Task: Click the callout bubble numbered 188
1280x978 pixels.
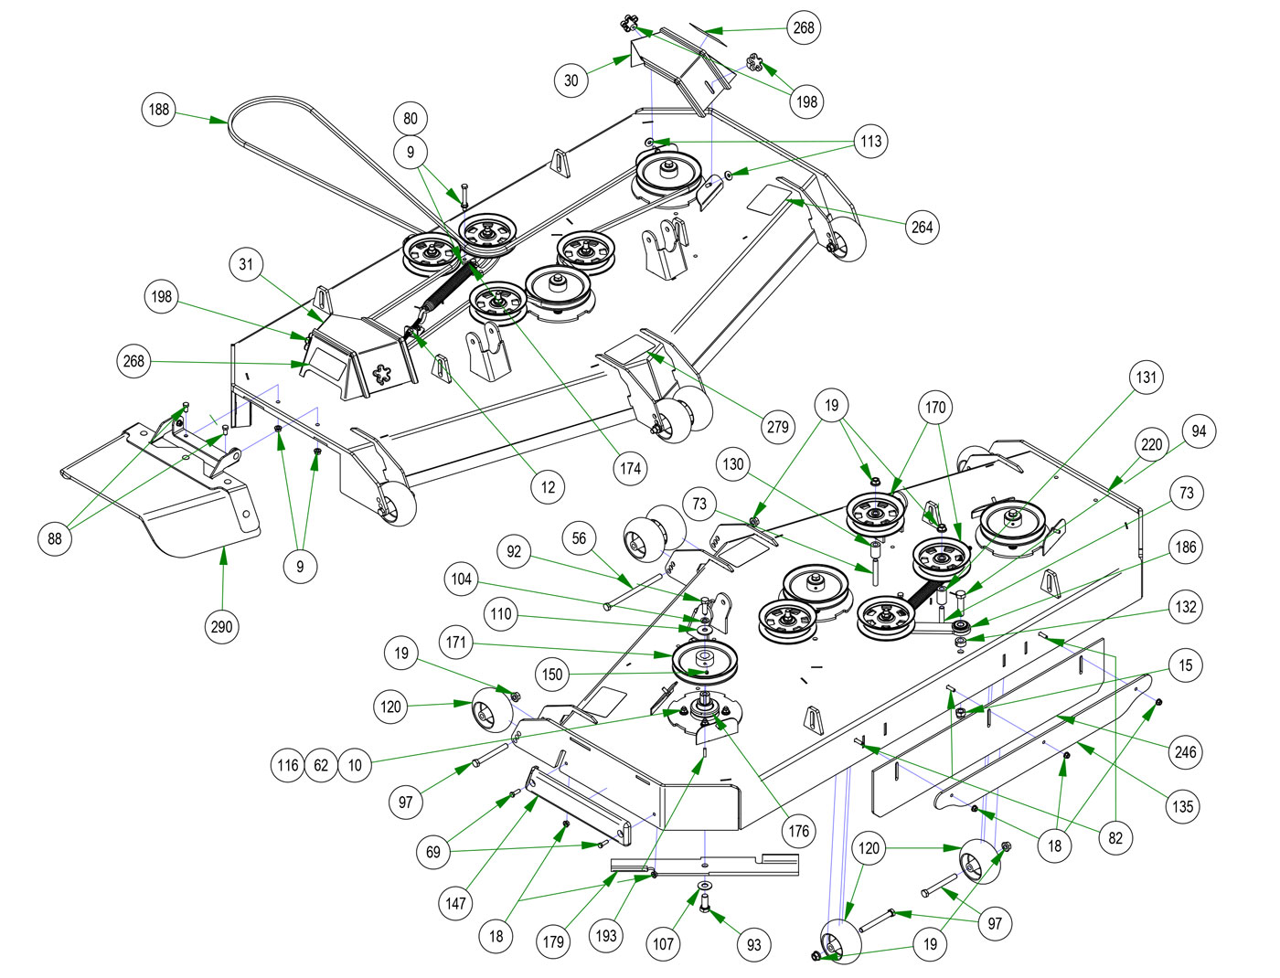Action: coord(159,110)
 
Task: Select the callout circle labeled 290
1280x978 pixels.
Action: coord(222,627)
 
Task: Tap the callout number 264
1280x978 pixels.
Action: coord(923,227)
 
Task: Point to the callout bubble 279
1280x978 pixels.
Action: coord(777,427)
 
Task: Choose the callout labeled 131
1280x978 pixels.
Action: coord(1146,377)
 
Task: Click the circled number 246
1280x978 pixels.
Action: coord(1185,752)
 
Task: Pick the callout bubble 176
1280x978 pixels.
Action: coord(798,831)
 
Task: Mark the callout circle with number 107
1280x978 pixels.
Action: coord(664,944)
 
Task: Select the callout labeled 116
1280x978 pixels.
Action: coord(288,765)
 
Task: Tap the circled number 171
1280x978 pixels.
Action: coord(456,643)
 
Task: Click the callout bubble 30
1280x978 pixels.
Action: coord(571,80)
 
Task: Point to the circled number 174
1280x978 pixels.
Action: coord(631,469)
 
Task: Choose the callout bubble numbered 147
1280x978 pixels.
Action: coord(455,904)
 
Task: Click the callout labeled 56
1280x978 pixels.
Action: coord(580,538)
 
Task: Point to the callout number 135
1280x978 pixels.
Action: coord(1183,806)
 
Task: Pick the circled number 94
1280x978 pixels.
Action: coord(1199,431)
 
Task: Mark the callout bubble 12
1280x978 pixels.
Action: coord(548,487)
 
